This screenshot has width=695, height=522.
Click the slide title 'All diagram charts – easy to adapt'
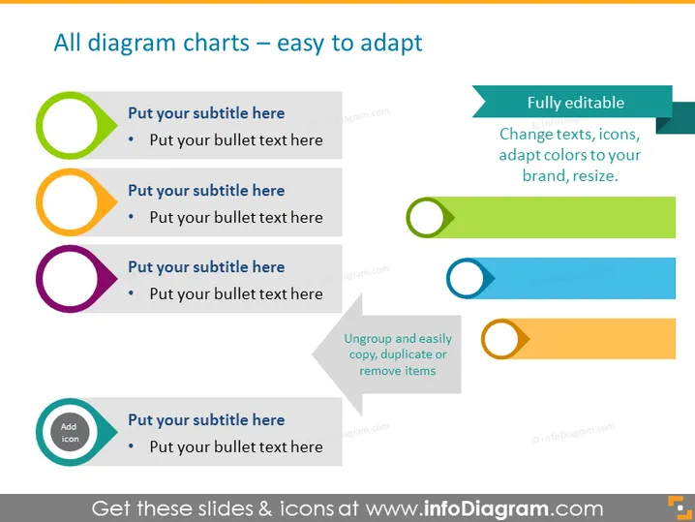pos(238,43)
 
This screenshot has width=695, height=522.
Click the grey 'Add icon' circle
pos(70,432)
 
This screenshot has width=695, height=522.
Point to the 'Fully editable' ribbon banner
pos(572,102)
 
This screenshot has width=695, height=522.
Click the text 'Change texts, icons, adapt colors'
pos(569,144)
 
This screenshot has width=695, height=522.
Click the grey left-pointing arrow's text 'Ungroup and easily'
pos(398,338)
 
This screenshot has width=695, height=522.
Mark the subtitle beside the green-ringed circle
pos(206,113)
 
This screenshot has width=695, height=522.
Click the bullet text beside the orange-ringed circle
pos(236,217)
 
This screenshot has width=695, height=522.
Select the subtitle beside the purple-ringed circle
pos(206,267)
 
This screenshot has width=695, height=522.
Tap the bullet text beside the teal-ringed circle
pos(236,446)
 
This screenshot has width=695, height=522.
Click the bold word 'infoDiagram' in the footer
pos(486,508)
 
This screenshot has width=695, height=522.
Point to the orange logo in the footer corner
pos(680,507)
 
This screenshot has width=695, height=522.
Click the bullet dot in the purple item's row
pos(131,292)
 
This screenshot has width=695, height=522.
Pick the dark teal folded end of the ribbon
pos(676,117)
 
